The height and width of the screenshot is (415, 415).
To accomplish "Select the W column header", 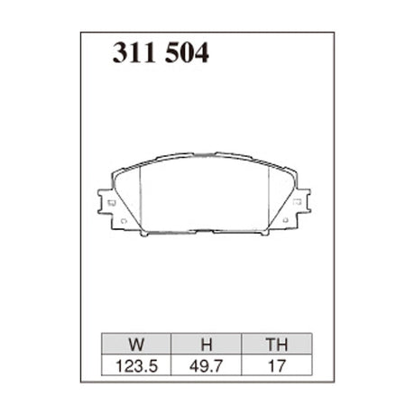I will (135, 343).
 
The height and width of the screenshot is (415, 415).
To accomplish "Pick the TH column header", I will (276, 343).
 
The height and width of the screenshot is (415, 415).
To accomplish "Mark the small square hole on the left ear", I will (111, 203).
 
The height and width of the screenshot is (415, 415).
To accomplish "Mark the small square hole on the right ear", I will (297, 203).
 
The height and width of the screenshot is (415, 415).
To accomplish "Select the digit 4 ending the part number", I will (201, 54).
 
